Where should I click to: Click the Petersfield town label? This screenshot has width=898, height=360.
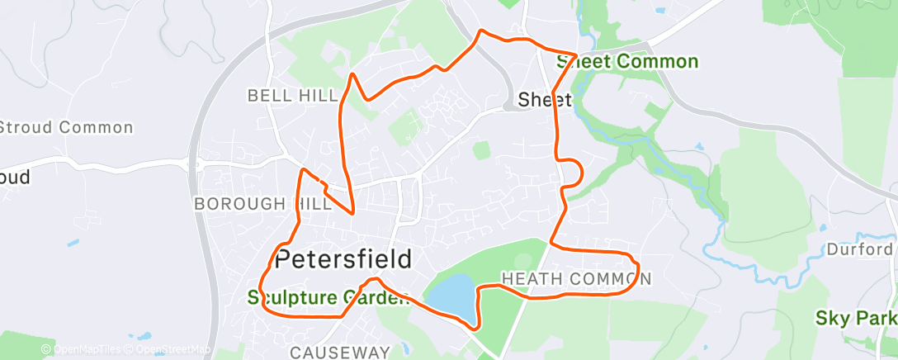coord(343,259)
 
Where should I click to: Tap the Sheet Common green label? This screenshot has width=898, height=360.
coord(627,62)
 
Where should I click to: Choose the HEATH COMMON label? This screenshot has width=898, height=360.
coord(576,278)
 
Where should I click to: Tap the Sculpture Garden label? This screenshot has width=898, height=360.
coord(328,298)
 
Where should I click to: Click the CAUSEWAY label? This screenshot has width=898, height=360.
coord(339,352)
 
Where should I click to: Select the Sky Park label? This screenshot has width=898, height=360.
coord(855,317)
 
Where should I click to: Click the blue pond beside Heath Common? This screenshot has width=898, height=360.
coord(450,296)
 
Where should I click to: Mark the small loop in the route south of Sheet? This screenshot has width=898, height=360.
coord(573,170)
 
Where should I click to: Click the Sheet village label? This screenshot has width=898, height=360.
coord(544,100)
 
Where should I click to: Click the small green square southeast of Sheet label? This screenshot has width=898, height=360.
coord(480,149)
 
